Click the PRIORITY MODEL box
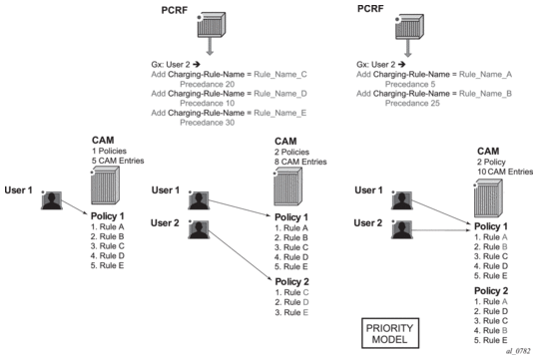pyautogui.click(x=390, y=333)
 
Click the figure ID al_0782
pyautogui.click(x=518, y=351)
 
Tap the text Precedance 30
pyautogui.click(x=208, y=123)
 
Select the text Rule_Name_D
pyautogui.click(x=280, y=94)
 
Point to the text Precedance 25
pyautogui.click(x=412, y=103)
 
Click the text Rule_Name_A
pyautogui.click(x=485, y=75)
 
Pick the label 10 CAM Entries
pyautogui.click(x=505, y=172)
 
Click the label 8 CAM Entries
pyautogui.click(x=300, y=162)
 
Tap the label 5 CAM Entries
pyautogui.click(x=118, y=161)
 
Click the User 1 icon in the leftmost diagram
pyautogui.click(x=52, y=200)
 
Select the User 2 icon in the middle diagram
pyautogui.click(x=199, y=229)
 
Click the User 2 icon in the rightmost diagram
pyautogui.click(x=402, y=229)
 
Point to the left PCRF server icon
pyautogui.click(x=211, y=25)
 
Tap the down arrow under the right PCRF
pyautogui.click(x=407, y=48)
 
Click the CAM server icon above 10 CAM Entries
pyautogui.click(x=488, y=198)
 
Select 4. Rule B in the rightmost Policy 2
pyautogui.click(x=491, y=330)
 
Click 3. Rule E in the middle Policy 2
pyautogui.click(x=291, y=312)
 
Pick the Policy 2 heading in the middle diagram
pyautogui.click(x=291, y=282)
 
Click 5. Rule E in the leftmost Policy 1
pyautogui.click(x=108, y=265)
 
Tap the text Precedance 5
pyautogui.click(x=410, y=84)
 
